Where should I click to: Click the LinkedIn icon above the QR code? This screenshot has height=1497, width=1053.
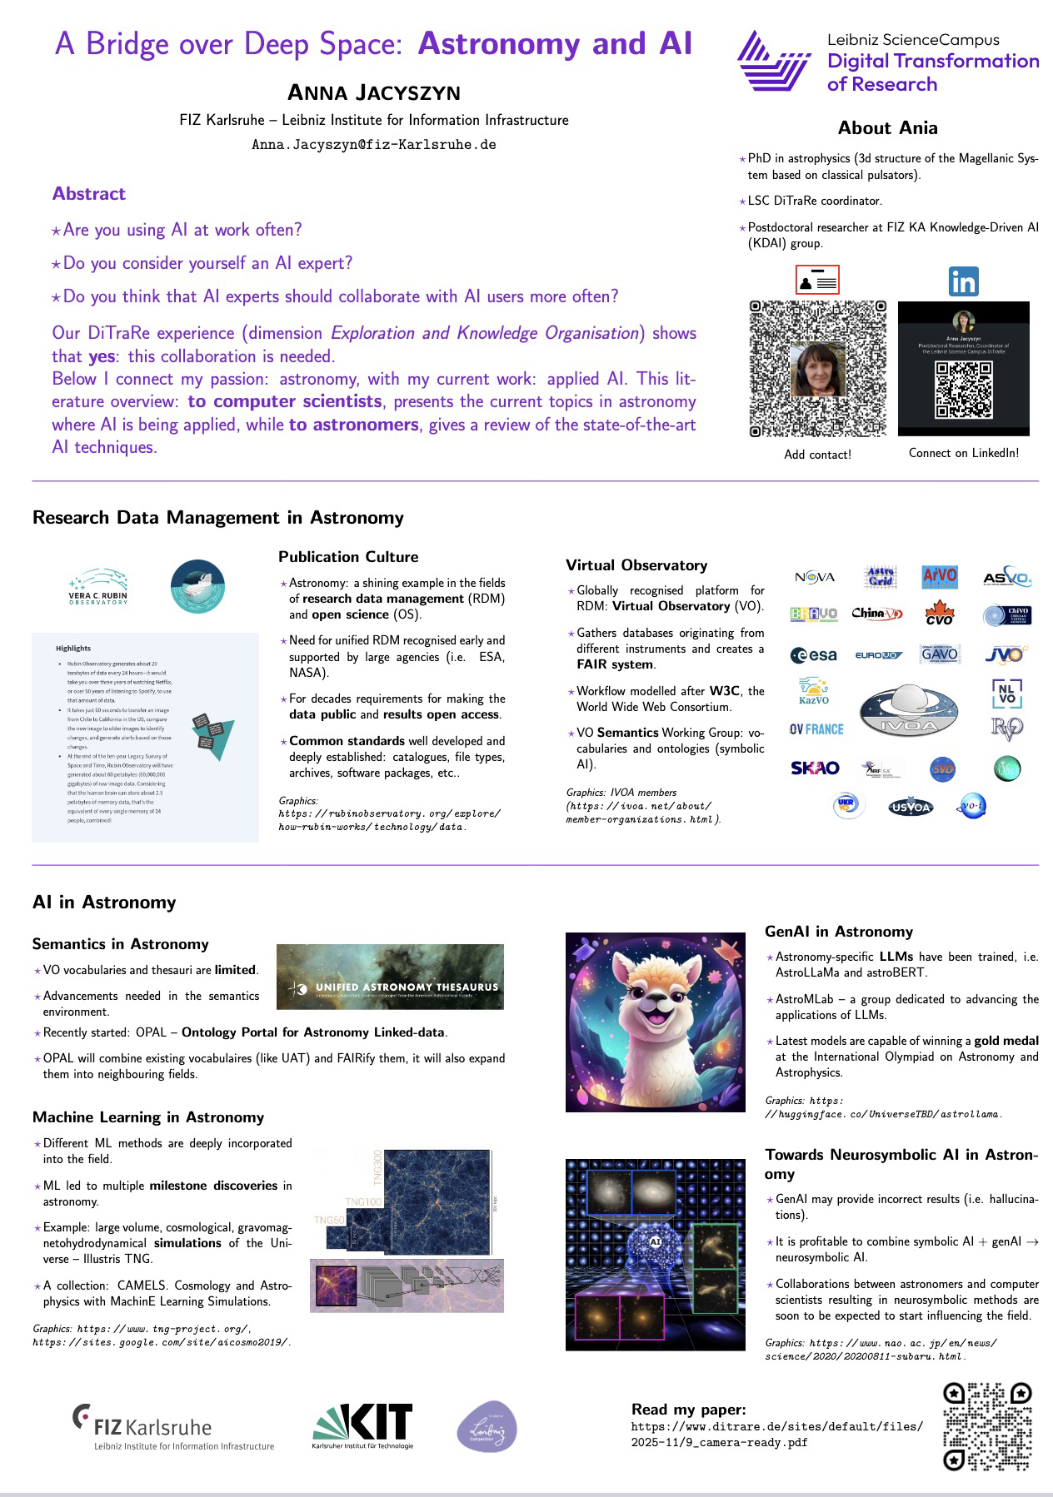(963, 282)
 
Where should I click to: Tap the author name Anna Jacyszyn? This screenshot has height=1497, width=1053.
(374, 92)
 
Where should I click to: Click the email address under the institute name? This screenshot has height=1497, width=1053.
(374, 145)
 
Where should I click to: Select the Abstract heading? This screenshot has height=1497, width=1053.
(89, 194)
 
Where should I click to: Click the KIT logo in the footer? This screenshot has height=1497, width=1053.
(362, 1425)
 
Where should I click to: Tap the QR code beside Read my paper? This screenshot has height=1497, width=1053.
(987, 1426)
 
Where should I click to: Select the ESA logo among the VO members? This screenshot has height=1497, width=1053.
(814, 655)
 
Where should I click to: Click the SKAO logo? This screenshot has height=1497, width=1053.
(815, 768)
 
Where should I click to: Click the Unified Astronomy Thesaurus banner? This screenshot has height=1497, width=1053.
(390, 977)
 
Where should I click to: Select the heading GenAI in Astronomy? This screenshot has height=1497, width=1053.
(838, 932)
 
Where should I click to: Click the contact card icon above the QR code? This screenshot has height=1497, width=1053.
(817, 281)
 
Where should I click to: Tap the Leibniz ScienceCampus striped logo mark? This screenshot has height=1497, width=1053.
(772, 60)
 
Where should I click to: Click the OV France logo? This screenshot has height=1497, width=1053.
(816, 729)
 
